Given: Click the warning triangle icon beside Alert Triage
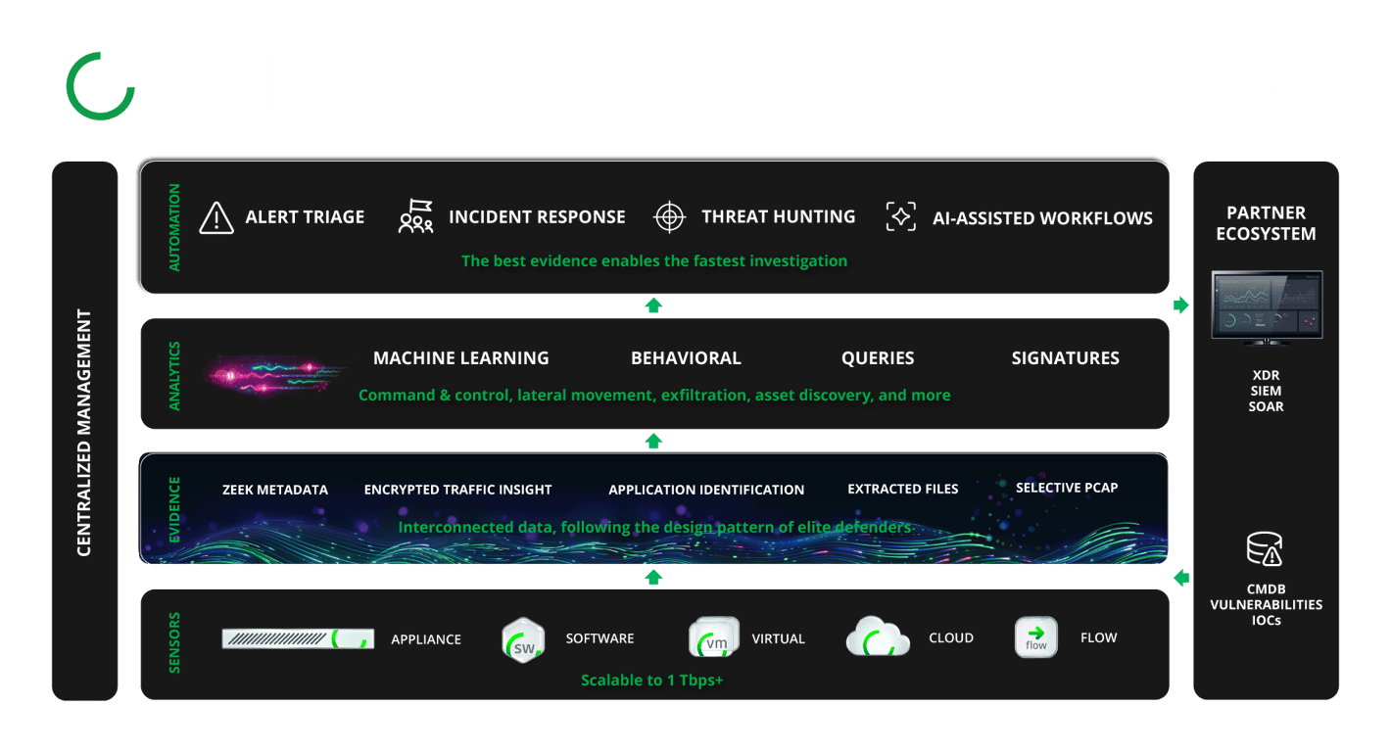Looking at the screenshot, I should click(216, 217).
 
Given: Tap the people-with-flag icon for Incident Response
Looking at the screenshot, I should click(416, 217).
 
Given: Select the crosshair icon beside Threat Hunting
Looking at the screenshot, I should click(669, 217).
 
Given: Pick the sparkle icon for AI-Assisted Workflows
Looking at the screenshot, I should click(900, 217).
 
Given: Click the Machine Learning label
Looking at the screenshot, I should click(460, 358).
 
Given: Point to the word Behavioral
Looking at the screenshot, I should click(686, 358).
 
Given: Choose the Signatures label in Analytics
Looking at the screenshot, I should click(1065, 358).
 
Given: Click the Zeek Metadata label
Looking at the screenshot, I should click(275, 490).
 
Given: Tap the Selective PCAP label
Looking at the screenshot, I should click(1067, 488).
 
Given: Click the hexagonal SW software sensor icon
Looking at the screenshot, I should click(522, 640).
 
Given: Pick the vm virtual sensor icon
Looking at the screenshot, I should click(714, 639).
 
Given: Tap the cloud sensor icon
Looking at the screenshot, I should click(878, 637).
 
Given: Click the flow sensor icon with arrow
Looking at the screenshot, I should click(1035, 637).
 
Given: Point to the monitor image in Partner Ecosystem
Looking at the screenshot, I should click(1267, 306).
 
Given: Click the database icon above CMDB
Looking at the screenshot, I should click(1265, 549).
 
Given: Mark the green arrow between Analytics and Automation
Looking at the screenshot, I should click(653, 306).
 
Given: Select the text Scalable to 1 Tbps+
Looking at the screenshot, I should click(651, 680).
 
